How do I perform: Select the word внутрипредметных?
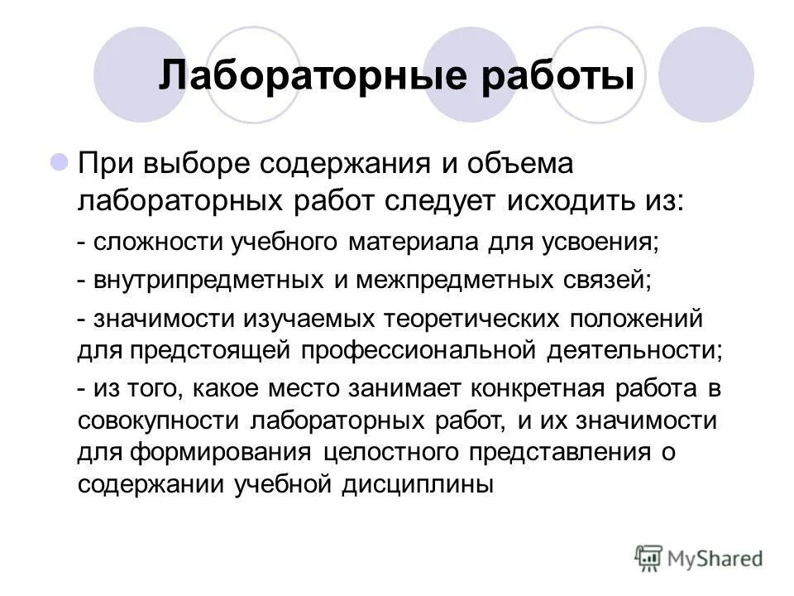208,279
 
